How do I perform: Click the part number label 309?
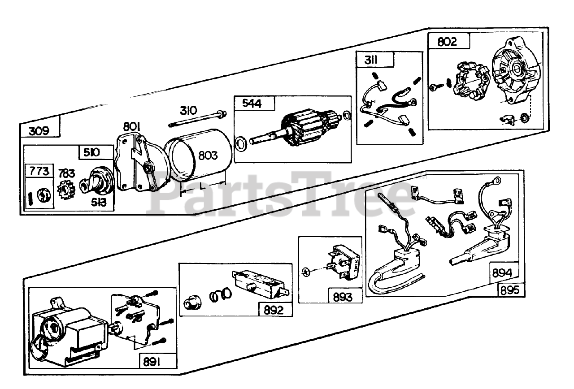[x=39, y=131]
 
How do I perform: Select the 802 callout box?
[x=447, y=42]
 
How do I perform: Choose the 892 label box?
[x=274, y=309]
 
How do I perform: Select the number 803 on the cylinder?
[x=208, y=156]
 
